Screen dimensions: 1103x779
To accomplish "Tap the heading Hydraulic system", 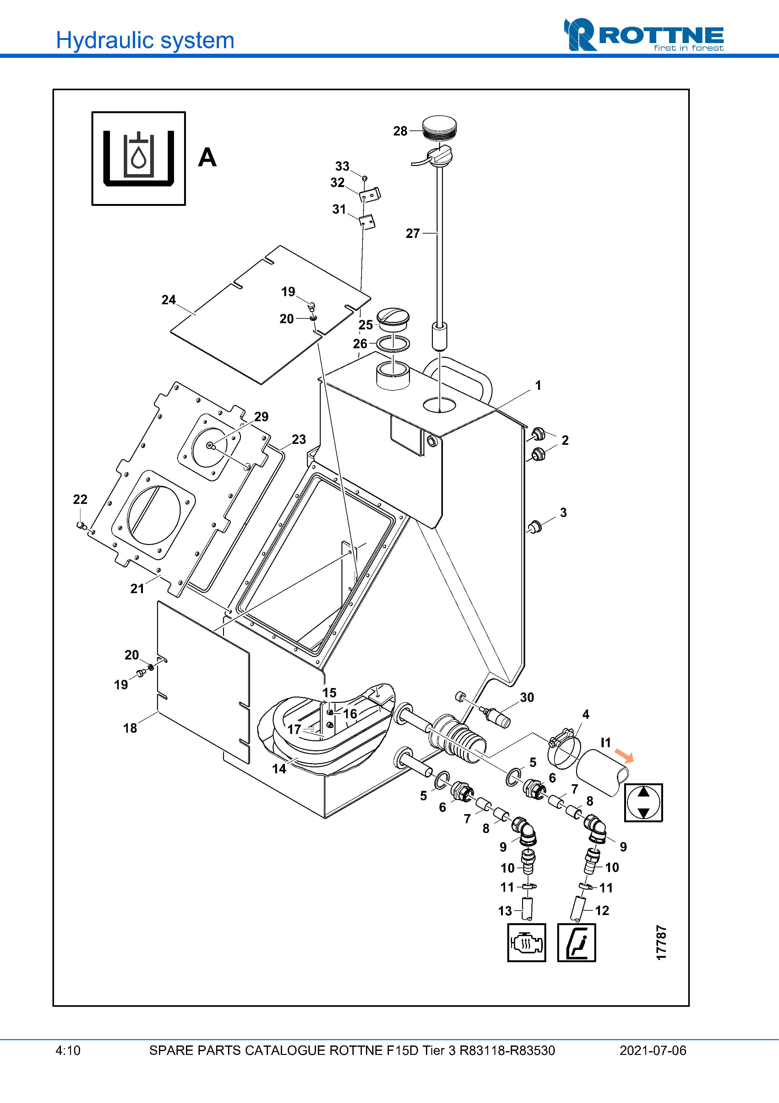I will click(x=145, y=40).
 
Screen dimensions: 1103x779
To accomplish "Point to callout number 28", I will click(x=400, y=131).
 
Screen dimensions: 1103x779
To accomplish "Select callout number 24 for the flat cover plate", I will click(x=168, y=300).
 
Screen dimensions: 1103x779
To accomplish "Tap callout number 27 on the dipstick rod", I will click(x=412, y=234).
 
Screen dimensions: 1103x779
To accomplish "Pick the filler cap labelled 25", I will click(x=393, y=317).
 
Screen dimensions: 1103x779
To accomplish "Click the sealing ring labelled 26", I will click(x=393, y=344).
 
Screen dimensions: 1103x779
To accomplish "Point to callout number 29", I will click(x=261, y=416).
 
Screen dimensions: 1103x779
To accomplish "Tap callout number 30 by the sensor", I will click(x=526, y=698).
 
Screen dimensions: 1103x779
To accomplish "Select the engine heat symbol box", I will click(x=526, y=943).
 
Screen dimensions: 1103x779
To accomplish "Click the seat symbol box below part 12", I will click(x=576, y=943).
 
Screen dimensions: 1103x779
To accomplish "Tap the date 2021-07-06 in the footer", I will click(x=652, y=1051).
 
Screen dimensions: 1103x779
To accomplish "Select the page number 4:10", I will click(x=68, y=1051).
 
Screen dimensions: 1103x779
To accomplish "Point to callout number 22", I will click(x=80, y=499).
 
